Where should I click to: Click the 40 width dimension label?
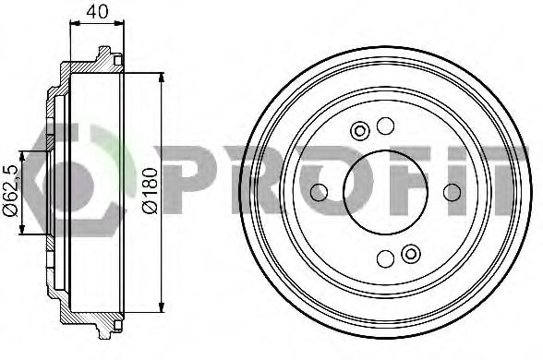(x=97, y=12)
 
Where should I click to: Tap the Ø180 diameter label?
(x=151, y=190)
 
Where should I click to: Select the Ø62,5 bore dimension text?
(x=11, y=191)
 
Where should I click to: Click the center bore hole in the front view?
(x=385, y=192)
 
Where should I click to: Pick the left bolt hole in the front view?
(x=319, y=192)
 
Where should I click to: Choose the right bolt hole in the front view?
(x=452, y=192)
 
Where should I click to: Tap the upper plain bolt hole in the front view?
(x=385, y=126)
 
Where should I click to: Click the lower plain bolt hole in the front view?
(x=385, y=258)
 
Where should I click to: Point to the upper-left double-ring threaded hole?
(x=360, y=131)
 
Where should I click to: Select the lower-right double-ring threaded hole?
(x=411, y=254)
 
